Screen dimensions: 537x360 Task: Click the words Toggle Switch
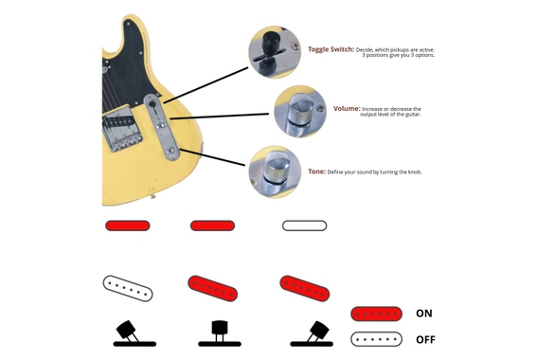tap(331, 49)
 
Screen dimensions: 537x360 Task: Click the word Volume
tap(347, 109)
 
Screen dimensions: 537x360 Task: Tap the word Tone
tap(316, 171)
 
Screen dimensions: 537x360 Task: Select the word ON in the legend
tap(424, 314)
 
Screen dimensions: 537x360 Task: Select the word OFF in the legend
tap(425, 339)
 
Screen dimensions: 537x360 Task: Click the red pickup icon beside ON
tap(376, 314)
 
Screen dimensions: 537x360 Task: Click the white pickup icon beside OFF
tap(376, 339)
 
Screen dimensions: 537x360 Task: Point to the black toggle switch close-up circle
tap(275, 52)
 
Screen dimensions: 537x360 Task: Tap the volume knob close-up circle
tap(300, 112)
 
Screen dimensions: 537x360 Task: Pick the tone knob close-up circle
tap(275, 172)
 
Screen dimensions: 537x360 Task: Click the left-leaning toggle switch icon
tap(134, 333)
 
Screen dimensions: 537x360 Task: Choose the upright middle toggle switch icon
tap(220, 333)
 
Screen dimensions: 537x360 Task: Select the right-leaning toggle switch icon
tap(312, 333)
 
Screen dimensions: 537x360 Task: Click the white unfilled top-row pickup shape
tap(304, 225)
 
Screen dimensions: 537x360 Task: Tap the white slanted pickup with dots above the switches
tap(128, 288)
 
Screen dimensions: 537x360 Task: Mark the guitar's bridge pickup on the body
tap(118, 122)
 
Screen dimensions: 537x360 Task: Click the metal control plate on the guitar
tap(162, 127)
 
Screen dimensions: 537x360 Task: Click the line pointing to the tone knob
tap(212, 157)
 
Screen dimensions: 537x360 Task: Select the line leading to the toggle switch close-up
tap(206, 85)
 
